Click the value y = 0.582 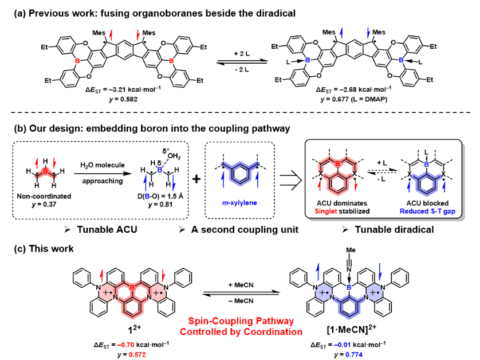123,99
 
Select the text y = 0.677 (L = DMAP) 353,99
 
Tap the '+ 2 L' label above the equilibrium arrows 242,54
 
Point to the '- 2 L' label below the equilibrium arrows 242,69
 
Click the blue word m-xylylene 239,203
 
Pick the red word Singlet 326,211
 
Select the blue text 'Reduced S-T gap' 427,211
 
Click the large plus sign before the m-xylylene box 196,179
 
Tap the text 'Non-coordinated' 44,196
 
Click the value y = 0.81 160,204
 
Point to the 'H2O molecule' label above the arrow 103,165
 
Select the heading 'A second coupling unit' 245,229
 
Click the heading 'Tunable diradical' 394,229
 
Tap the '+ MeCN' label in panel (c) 241,285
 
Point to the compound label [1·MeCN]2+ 351,330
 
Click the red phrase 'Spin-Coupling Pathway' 241,321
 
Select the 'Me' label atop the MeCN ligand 351,250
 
